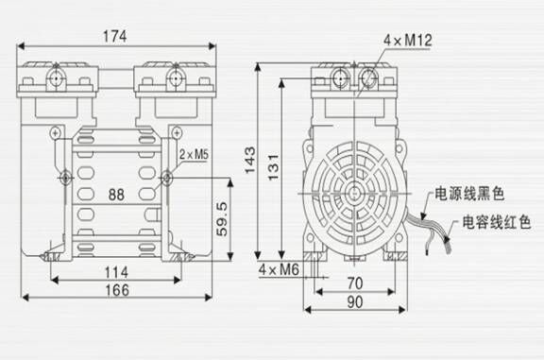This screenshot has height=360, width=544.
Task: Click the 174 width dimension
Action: tap(113, 35)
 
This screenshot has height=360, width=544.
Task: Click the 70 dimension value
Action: tap(352, 283)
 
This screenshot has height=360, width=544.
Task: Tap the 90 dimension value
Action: tap(352, 302)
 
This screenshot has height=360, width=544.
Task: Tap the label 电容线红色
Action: tap(497, 224)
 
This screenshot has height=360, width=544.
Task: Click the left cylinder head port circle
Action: tap(58, 73)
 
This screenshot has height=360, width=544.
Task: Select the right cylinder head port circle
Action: tap(172, 73)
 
